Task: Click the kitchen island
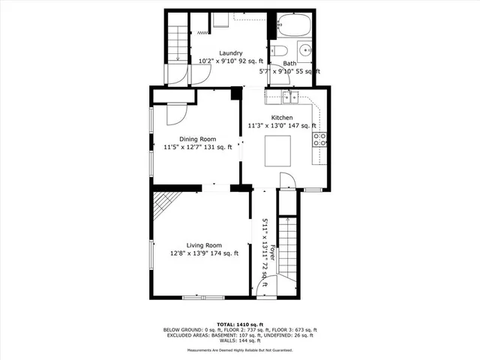(x=279, y=154)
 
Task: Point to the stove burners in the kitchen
(x=320, y=139)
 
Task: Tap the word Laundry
(x=230, y=53)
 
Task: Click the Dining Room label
(x=197, y=139)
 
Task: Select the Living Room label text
(x=204, y=245)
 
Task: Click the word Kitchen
(x=282, y=118)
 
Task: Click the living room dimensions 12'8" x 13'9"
(x=187, y=253)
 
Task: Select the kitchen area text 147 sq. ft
(x=300, y=126)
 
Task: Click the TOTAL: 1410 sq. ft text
(x=240, y=323)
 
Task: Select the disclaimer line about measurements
(x=240, y=349)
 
